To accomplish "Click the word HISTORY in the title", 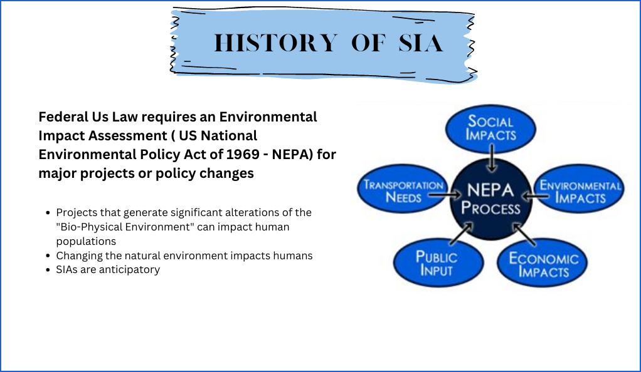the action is pos(276,43).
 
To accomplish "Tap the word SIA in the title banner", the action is pos(421,43).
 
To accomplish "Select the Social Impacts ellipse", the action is pos(490,128).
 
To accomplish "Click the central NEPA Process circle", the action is pos(490,199).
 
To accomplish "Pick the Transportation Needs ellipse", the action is pos(403,189).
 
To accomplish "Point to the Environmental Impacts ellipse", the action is pos(580,189).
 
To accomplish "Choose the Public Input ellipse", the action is pos(438,262).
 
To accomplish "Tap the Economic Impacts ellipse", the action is pos(543,262).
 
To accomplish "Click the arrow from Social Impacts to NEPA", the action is pos(492,158).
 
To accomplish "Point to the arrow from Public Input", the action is pos(462,234).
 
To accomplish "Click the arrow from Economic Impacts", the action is pos(524,234).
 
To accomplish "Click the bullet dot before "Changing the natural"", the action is pos(48,256).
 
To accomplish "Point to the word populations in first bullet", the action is pos(86,241).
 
